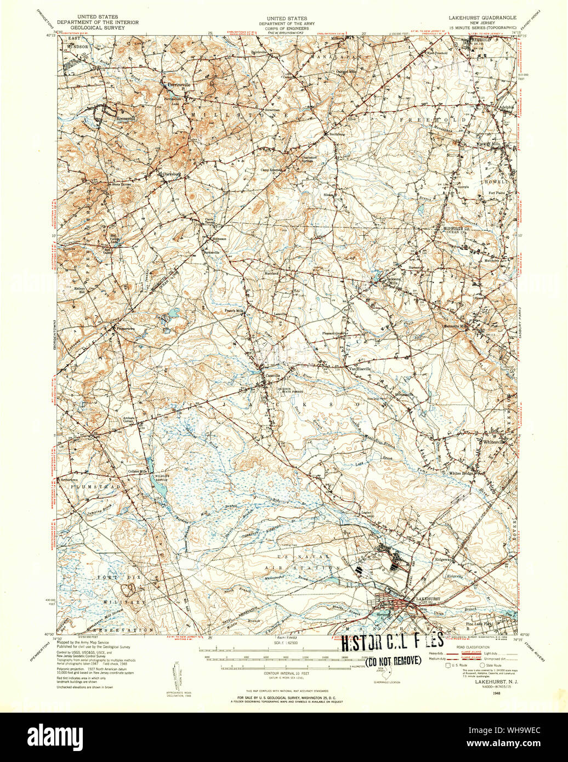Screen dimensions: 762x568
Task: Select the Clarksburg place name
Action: pyautogui.click(x=171, y=174)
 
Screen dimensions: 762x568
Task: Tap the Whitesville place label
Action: pyautogui.click(x=496, y=441)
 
